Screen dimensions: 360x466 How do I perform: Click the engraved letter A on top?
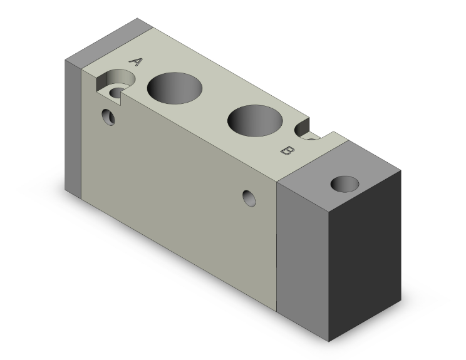pos(136,61)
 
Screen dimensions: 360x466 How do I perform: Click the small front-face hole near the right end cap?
pos(250,198)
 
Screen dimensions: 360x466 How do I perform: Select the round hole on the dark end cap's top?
pos(345,184)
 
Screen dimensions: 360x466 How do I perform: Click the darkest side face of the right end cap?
pos(366,250)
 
